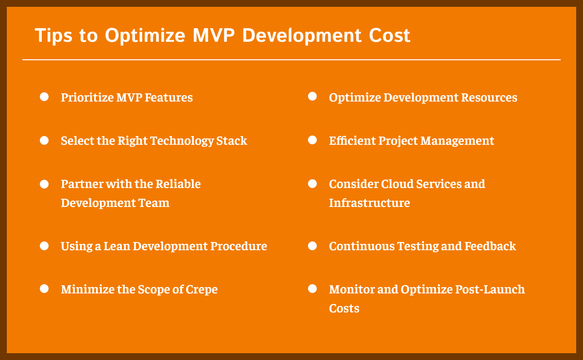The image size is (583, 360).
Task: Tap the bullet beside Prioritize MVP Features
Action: coord(44,97)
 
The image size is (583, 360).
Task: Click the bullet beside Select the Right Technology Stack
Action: coord(44,140)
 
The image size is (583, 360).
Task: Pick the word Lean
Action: coord(117,246)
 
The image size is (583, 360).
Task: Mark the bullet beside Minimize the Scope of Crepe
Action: coord(44,289)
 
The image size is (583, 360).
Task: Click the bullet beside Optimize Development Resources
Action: coord(312,97)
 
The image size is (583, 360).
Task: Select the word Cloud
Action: coord(397,184)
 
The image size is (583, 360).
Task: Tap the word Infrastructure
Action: coord(369,203)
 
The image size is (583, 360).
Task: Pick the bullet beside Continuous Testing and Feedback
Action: coord(312,245)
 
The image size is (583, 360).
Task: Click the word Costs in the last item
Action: coord(344,308)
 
